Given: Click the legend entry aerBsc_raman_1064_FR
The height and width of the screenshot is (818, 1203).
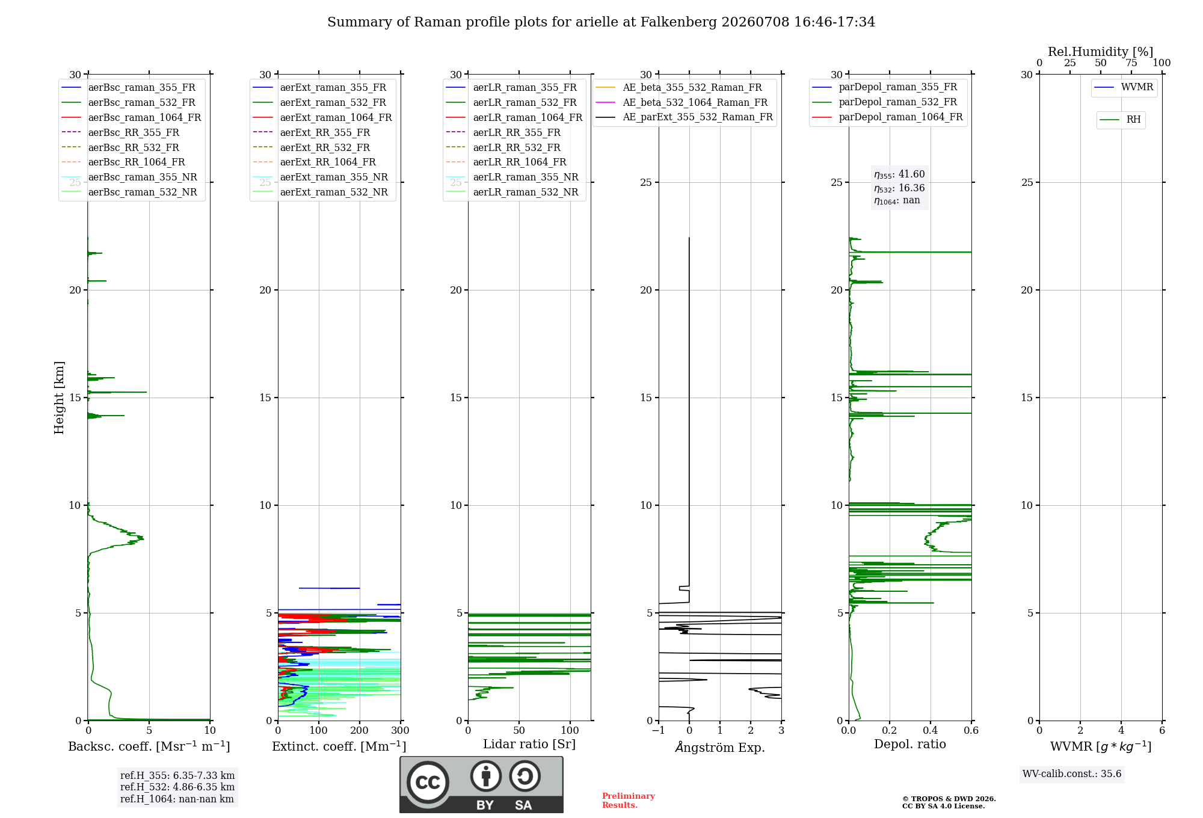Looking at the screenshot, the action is pyautogui.click(x=131, y=117).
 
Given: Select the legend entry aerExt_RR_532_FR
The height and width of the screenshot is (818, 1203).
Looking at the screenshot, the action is pyautogui.click(x=312, y=147).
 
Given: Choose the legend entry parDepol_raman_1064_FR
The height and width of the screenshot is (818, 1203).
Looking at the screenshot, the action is pyautogui.click(x=888, y=117).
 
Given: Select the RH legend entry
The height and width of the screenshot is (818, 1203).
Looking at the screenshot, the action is pyautogui.click(x=1120, y=120).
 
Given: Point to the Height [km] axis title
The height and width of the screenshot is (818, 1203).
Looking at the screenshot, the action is pyautogui.click(x=59, y=398).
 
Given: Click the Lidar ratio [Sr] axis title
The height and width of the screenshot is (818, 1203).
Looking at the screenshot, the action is pyautogui.click(x=529, y=744).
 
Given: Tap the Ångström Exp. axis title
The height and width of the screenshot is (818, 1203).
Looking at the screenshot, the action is pyautogui.click(x=720, y=747).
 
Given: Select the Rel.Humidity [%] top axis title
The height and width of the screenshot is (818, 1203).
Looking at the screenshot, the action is pyautogui.click(x=1101, y=52).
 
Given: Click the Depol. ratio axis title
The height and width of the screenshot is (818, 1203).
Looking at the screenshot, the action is pyautogui.click(x=910, y=744).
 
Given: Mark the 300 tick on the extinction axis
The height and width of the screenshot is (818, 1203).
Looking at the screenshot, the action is pyautogui.click(x=401, y=730).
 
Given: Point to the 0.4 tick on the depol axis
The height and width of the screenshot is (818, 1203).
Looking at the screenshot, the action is pyautogui.click(x=931, y=730).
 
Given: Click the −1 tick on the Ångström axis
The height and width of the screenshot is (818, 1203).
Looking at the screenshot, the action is pyautogui.click(x=658, y=730).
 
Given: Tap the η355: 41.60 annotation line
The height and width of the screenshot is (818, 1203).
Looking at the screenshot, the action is pyautogui.click(x=899, y=174).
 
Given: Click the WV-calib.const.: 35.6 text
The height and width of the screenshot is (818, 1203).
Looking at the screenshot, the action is pyautogui.click(x=1072, y=774).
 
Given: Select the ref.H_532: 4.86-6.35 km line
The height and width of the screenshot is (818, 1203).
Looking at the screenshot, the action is pyautogui.click(x=177, y=787).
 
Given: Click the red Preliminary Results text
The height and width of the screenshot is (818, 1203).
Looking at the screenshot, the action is pyautogui.click(x=629, y=801).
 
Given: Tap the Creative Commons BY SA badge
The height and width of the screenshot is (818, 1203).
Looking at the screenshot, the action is pyautogui.click(x=481, y=785).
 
